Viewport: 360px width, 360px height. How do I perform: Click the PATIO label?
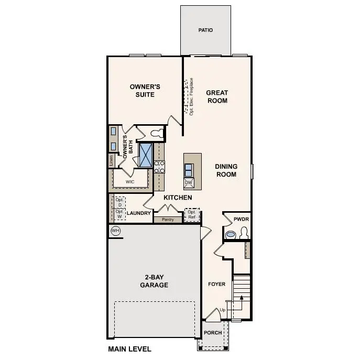click(x=205, y=30)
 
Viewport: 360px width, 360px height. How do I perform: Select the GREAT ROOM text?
click(x=216, y=96)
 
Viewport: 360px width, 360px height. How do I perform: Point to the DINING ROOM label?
click(x=226, y=170)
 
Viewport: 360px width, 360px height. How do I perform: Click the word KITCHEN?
click(x=178, y=198)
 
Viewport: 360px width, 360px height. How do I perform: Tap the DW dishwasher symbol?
click(x=189, y=183)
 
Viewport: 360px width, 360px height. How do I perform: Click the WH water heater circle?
click(x=115, y=231)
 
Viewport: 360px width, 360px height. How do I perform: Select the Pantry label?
click(x=168, y=220)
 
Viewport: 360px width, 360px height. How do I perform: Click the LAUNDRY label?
click(x=139, y=213)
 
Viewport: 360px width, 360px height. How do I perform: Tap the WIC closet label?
click(x=130, y=182)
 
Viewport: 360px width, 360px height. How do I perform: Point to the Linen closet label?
click(x=112, y=160)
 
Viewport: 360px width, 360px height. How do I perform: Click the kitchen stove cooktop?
click(x=159, y=167)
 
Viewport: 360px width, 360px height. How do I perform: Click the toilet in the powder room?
click(x=243, y=233)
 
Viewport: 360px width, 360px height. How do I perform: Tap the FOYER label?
click(x=216, y=284)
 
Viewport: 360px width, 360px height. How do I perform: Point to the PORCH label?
click(x=213, y=333)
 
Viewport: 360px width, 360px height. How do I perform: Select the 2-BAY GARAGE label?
click(x=154, y=281)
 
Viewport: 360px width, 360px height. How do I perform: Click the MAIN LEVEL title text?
click(x=129, y=349)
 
